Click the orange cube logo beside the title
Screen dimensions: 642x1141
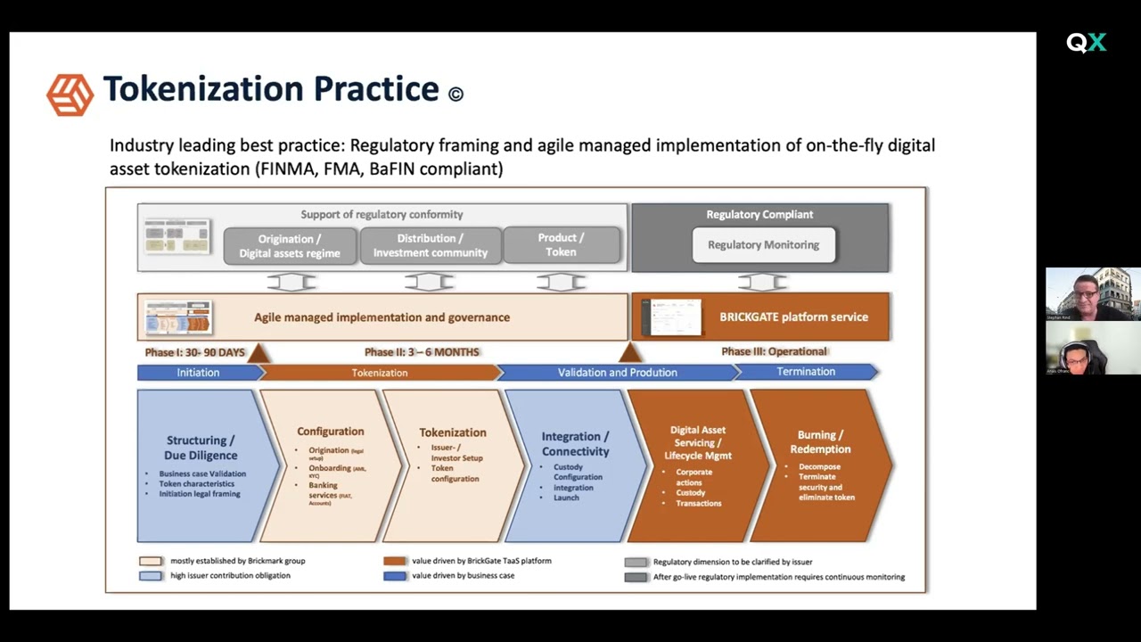70,95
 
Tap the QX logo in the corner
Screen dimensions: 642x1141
1086,43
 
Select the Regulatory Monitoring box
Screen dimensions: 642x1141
763,245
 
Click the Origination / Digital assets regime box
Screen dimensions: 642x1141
290,246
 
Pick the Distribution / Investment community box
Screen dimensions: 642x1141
430,245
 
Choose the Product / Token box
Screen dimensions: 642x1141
561,245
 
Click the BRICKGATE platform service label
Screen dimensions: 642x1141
793,317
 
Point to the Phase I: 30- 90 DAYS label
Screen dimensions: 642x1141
194,352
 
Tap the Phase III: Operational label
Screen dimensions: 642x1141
774,351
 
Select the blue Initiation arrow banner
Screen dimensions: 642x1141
198,373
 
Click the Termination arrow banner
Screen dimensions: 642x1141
806,372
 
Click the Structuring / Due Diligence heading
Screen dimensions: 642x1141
201,448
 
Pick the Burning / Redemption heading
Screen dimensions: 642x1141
820,442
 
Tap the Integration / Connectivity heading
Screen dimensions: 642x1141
575,444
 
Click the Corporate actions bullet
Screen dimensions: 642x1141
694,477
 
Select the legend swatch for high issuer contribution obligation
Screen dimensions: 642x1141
151,576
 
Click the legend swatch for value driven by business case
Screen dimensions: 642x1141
395,576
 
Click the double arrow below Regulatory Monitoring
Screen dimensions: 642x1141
762,282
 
